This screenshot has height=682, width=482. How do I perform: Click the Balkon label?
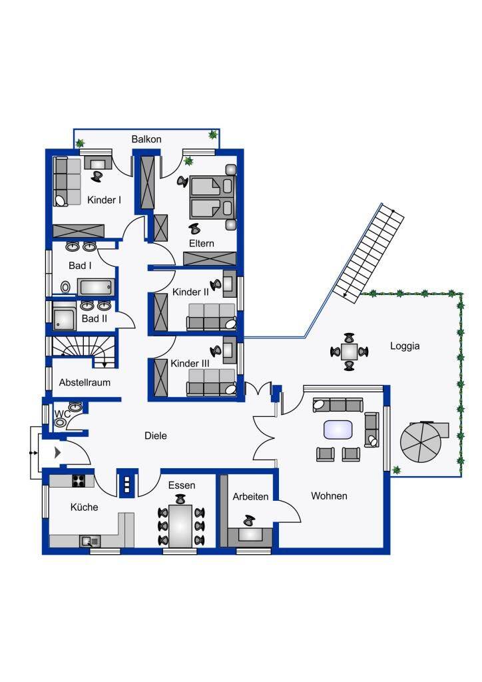(x=146, y=139)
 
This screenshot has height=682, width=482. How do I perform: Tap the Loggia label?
(x=405, y=346)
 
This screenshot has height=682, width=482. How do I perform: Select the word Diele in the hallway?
(x=156, y=436)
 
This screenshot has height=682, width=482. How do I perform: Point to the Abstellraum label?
(x=85, y=382)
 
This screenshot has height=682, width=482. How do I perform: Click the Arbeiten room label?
(x=250, y=496)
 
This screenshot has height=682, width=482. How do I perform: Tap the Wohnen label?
(x=329, y=496)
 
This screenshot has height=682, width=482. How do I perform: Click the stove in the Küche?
(x=79, y=481)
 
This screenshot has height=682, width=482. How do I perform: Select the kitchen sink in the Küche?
(x=90, y=541)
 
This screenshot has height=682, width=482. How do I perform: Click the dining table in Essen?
(x=181, y=526)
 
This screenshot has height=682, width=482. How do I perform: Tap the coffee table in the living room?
(x=338, y=430)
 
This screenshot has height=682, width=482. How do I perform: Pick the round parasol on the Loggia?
(x=420, y=442)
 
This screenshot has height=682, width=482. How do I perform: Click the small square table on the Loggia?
(x=349, y=352)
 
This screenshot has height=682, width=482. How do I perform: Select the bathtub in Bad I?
(x=96, y=288)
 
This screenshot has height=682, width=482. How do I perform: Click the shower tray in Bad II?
(x=64, y=320)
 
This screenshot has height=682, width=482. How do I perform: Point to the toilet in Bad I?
(x=66, y=287)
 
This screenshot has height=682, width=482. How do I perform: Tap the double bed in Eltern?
(x=212, y=197)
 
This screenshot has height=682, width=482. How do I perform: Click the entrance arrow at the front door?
(x=57, y=453)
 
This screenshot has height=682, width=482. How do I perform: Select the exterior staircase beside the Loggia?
(x=369, y=252)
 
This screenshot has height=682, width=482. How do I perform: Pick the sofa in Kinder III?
(x=211, y=382)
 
